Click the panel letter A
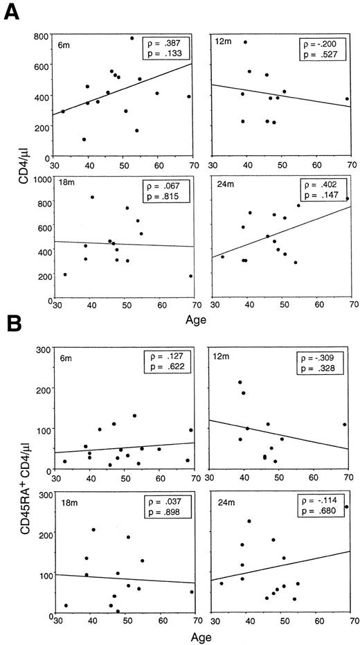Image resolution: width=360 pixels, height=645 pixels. [11, 12]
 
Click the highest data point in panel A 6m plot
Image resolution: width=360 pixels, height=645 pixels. [132, 38]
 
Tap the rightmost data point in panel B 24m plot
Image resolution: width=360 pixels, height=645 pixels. [346, 506]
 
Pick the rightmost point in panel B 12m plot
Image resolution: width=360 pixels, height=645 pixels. [345, 425]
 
